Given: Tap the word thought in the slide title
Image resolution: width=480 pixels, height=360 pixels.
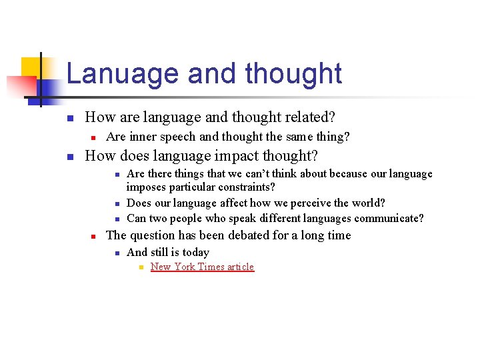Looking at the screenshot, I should [x=293, y=73].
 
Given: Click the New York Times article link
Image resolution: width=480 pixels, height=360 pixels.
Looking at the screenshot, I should [x=202, y=267].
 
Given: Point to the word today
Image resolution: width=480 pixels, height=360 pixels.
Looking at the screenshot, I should [x=195, y=252].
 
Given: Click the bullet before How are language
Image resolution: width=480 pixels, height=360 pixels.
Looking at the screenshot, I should [x=69, y=119].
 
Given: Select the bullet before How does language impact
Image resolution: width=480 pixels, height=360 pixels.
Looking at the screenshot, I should [x=69, y=157].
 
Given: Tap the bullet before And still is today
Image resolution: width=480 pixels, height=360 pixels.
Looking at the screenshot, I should [x=116, y=253].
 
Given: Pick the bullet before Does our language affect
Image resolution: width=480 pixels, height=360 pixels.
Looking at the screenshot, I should [x=116, y=204].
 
